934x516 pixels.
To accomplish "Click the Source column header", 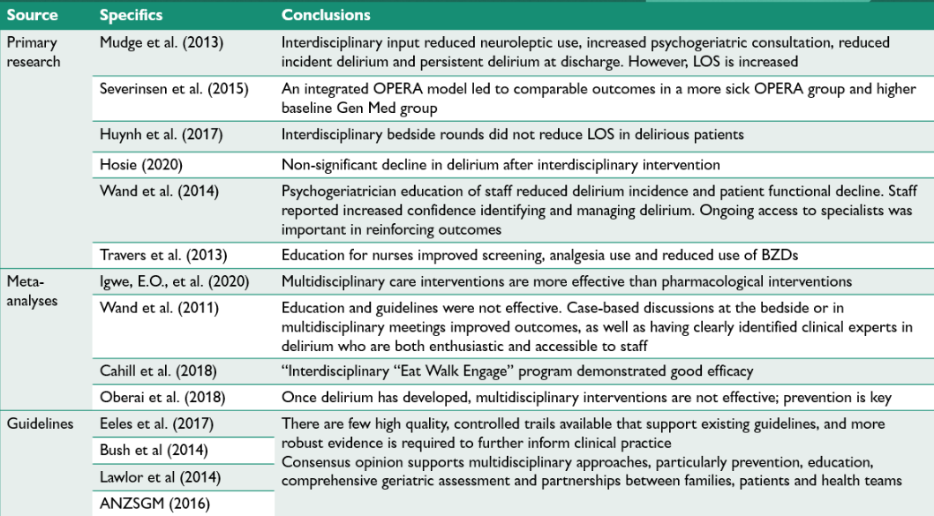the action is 32,15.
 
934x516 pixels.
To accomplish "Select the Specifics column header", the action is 131,15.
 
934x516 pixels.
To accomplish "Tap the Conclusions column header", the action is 326,15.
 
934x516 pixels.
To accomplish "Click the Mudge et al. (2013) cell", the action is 162,43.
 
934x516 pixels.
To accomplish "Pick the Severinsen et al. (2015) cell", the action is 174,89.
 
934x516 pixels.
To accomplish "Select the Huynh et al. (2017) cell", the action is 161,134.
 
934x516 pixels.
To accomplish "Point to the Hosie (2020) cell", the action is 141,165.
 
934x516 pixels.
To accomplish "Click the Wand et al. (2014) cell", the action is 159,191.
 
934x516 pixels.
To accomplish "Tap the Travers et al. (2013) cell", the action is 163,255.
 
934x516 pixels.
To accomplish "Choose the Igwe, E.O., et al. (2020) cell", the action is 175,281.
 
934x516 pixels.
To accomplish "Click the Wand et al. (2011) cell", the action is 159,309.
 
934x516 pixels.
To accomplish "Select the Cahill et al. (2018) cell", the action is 158,371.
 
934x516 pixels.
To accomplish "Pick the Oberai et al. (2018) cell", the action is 162,398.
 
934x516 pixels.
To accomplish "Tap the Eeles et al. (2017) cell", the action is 156,423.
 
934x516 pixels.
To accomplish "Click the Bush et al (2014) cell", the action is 154,451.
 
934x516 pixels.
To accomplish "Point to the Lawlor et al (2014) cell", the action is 161,477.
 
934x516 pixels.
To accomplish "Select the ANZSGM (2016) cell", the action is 154,504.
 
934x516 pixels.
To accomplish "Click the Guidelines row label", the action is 40,423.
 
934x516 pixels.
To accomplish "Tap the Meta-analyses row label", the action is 32,291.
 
